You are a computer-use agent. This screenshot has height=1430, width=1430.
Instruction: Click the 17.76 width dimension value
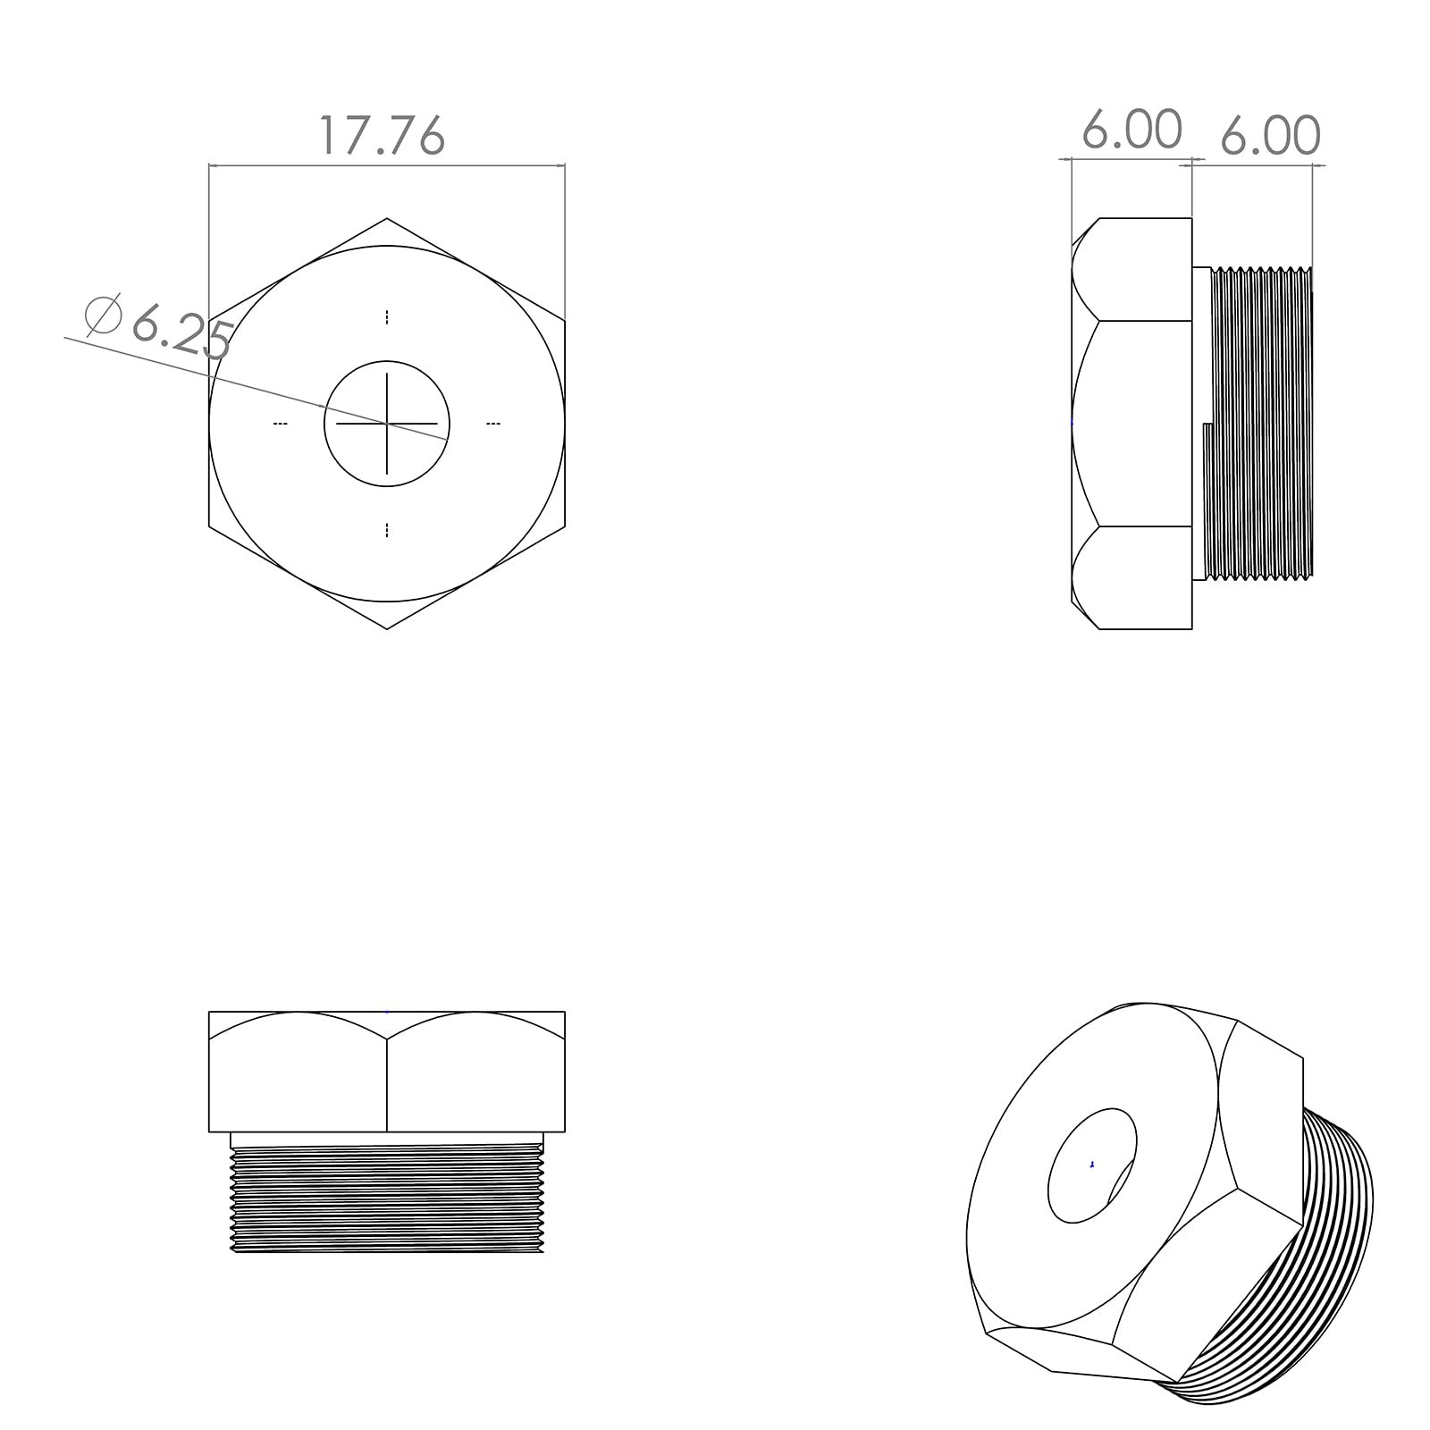click(382, 136)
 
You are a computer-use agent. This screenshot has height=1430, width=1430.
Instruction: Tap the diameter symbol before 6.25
click(103, 315)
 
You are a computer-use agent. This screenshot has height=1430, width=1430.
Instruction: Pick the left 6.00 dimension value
click(1132, 130)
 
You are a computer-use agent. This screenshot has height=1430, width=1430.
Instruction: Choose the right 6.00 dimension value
click(1270, 136)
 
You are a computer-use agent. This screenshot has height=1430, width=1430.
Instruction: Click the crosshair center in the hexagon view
click(387, 424)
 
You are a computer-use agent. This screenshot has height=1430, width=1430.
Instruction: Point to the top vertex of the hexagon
click(387, 218)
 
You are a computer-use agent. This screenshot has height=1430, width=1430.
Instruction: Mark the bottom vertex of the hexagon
click(387, 629)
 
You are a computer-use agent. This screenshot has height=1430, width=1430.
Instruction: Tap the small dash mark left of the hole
click(281, 424)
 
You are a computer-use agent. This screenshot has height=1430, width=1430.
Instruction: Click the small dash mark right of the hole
click(493, 424)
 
